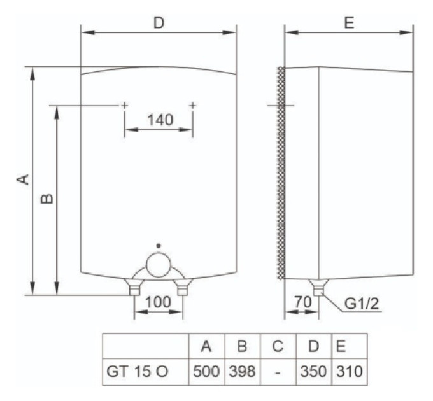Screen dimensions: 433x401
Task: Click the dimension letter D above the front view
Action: (159, 22)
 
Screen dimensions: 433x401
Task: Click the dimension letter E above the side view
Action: (349, 22)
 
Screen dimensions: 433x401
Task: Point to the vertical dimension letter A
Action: (23, 179)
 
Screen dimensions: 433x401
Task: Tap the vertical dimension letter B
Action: (46, 199)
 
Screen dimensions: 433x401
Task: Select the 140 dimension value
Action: (160, 120)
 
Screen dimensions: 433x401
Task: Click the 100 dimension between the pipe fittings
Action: (158, 302)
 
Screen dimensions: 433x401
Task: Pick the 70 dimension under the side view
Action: (302, 302)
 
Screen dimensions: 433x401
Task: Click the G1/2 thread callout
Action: (362, 304)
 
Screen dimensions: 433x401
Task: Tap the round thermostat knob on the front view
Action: (159, 265)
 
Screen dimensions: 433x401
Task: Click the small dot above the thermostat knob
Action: (159, 245)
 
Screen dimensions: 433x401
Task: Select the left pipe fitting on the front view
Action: (134, 287)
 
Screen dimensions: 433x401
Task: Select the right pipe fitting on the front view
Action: (183, 287)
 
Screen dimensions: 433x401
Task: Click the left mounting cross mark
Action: (125, 105)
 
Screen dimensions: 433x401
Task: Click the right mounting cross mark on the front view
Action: (192, 105)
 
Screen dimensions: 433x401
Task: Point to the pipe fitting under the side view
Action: (318, 287)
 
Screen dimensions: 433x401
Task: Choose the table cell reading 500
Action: (206, 371)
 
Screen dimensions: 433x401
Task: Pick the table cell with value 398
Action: (242, 371)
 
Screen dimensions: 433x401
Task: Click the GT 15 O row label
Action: (138, 371)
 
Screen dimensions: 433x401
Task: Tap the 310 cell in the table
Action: (349, 371)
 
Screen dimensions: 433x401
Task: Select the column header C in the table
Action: (278, 346)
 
